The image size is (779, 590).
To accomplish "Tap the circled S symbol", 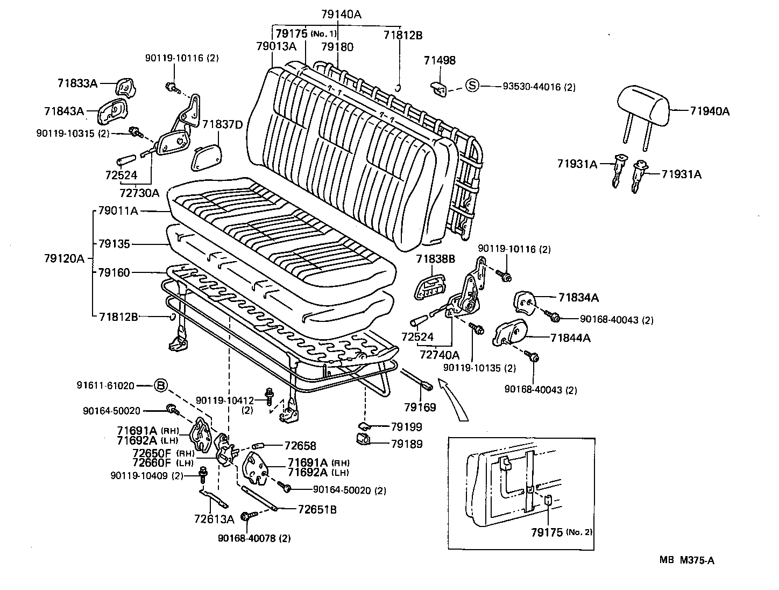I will [x=471, y=86].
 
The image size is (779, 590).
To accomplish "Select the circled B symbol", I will [x=161, y=385].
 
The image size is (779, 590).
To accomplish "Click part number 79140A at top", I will [x=341, y=15].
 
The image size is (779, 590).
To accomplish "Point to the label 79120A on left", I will [x=64, y=258].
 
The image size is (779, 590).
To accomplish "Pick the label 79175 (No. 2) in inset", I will [x=561, y=532].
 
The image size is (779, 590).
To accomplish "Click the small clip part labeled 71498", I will [x=439, y=89].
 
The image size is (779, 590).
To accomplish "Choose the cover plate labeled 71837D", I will [x=206, y=156].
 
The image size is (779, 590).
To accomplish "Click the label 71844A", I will [x=570, y=338].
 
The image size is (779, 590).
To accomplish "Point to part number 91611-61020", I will [x=105, y=385].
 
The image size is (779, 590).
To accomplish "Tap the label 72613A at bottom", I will [x=214, y=519].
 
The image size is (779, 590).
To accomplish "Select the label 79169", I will [x=420, y=407].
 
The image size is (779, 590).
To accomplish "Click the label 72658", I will [x=300, y=446].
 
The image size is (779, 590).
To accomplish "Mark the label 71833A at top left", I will [x=77, y=83].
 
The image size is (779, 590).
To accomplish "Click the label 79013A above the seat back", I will [x=276, y=46].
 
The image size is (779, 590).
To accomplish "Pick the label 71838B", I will [x=435, y=259].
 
